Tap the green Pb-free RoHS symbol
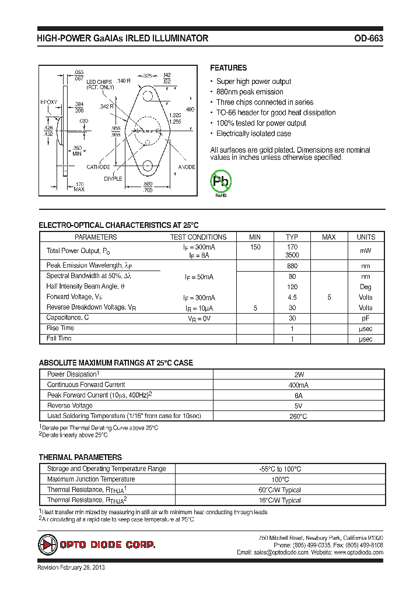[221, 182]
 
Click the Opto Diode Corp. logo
[97, 545]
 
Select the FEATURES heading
[228, 68]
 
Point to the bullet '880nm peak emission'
[250, 92]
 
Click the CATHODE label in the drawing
[99, 167]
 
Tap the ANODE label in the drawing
[187, 167]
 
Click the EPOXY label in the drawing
[48, 102]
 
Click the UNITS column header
[366, 237]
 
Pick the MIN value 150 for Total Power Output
[255, 247]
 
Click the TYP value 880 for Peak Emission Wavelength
[292, 266]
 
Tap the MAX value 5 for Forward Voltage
[329, 297]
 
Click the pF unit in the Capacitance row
[366, 318]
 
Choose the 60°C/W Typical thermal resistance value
[280, 490]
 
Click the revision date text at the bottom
[71, 567]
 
